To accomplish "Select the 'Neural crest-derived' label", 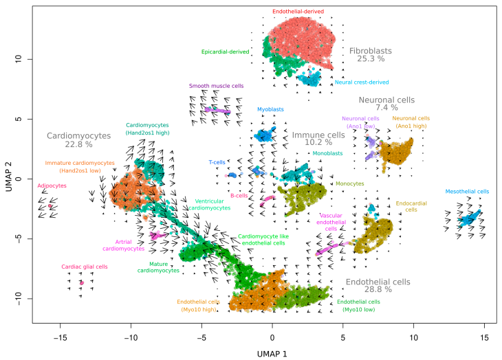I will (x=361, y=82).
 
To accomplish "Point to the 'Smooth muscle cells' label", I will (x=217, y=86).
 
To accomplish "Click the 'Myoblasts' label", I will (x=272, y=109).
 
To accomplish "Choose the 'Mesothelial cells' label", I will (x=467, y=192).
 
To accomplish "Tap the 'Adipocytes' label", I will (x=52, y=185).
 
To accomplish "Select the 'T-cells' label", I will (x=217, y=162).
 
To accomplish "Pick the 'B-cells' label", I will (x=239, y=196).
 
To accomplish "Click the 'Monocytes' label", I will (x=349, y=184).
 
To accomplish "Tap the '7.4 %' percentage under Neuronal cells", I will (x=386, y=108).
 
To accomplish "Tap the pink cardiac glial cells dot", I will (x=81, y=282).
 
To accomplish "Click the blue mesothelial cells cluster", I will (x=470, y=219).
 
